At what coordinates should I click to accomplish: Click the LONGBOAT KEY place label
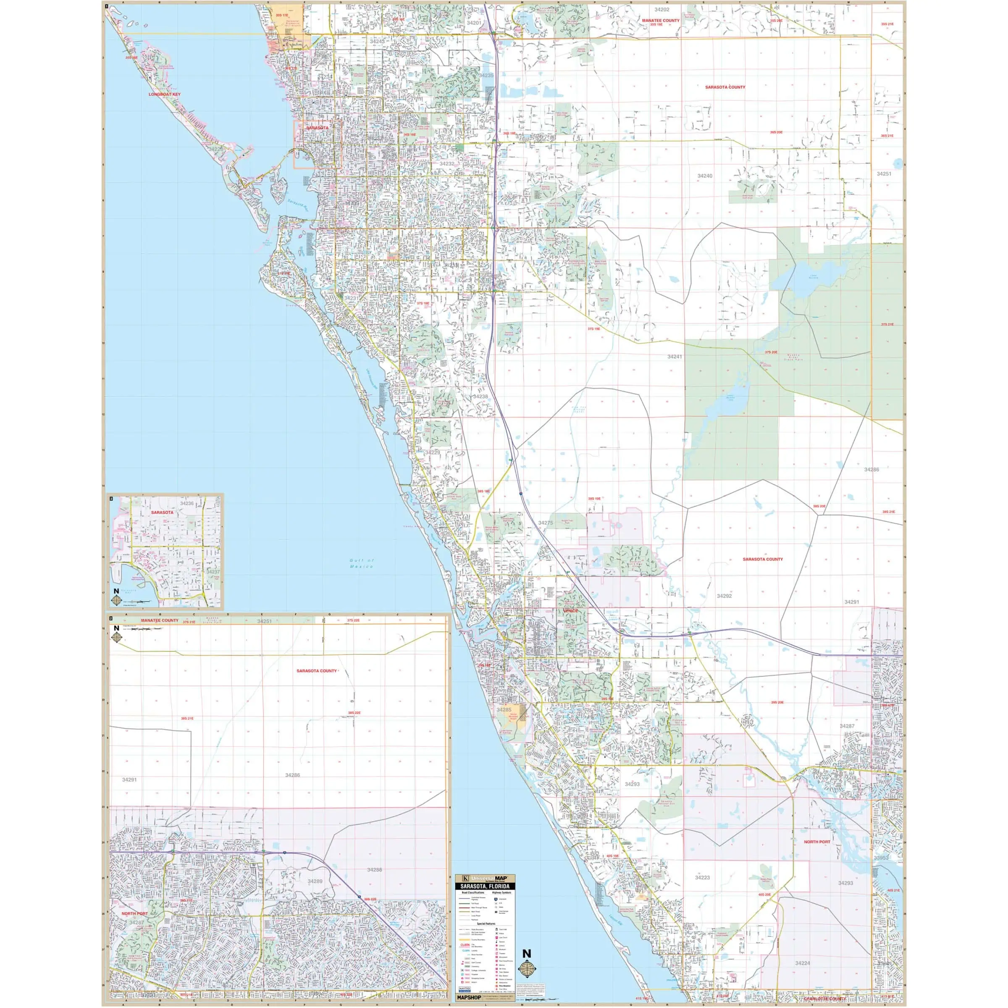pos(164,94)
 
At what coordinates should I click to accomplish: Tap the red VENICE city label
pos(571,610)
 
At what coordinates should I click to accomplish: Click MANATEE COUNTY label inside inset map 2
pos(160,621)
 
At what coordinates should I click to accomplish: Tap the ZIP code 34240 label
pos(704,176)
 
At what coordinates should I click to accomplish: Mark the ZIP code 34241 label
pos(675,356)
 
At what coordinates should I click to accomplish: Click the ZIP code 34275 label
pos(545,523)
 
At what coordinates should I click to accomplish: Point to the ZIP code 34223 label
pos(702,877)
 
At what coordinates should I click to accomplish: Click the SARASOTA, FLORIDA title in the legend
pos(485,887)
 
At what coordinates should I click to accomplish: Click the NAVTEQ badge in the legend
pos(465,989)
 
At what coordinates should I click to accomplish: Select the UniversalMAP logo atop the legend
pos(485,879)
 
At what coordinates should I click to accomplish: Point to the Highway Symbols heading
pos(502,892)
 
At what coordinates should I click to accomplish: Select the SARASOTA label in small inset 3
pos(162,512)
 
